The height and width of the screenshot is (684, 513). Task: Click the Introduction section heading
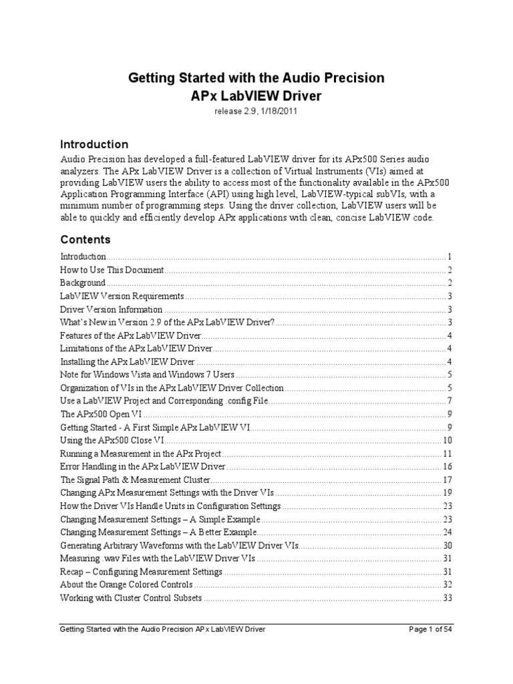point(94,144)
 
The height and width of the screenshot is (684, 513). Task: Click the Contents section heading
point(85,239)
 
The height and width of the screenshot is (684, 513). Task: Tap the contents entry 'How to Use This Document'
point(112,270)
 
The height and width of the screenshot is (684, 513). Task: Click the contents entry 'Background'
point(82,283)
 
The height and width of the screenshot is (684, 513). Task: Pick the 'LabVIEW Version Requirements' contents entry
point(122,296)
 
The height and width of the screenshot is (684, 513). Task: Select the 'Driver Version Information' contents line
point(112,309)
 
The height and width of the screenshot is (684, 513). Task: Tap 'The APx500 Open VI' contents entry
point(101,414)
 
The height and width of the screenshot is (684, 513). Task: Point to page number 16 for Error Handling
point(448,466)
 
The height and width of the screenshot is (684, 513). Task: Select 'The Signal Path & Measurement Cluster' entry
point(136,480)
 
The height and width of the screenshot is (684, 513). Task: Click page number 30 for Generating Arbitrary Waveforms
point(448,545)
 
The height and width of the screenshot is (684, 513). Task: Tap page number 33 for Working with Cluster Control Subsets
point(448,598)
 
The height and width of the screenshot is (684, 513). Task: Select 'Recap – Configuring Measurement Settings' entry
point(141,572)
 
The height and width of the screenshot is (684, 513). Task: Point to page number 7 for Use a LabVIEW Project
point(450,401)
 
